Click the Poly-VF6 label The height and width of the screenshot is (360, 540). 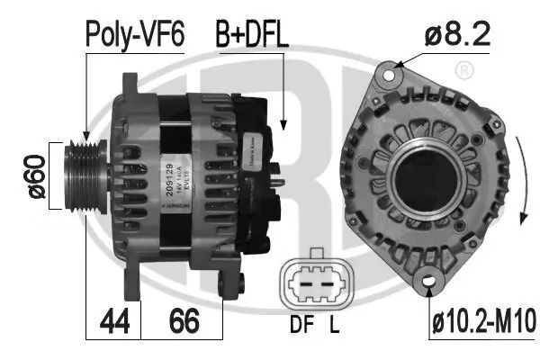pos(134,35)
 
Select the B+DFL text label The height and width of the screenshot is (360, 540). pos(251,35)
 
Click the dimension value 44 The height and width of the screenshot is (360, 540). pos(113,320)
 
